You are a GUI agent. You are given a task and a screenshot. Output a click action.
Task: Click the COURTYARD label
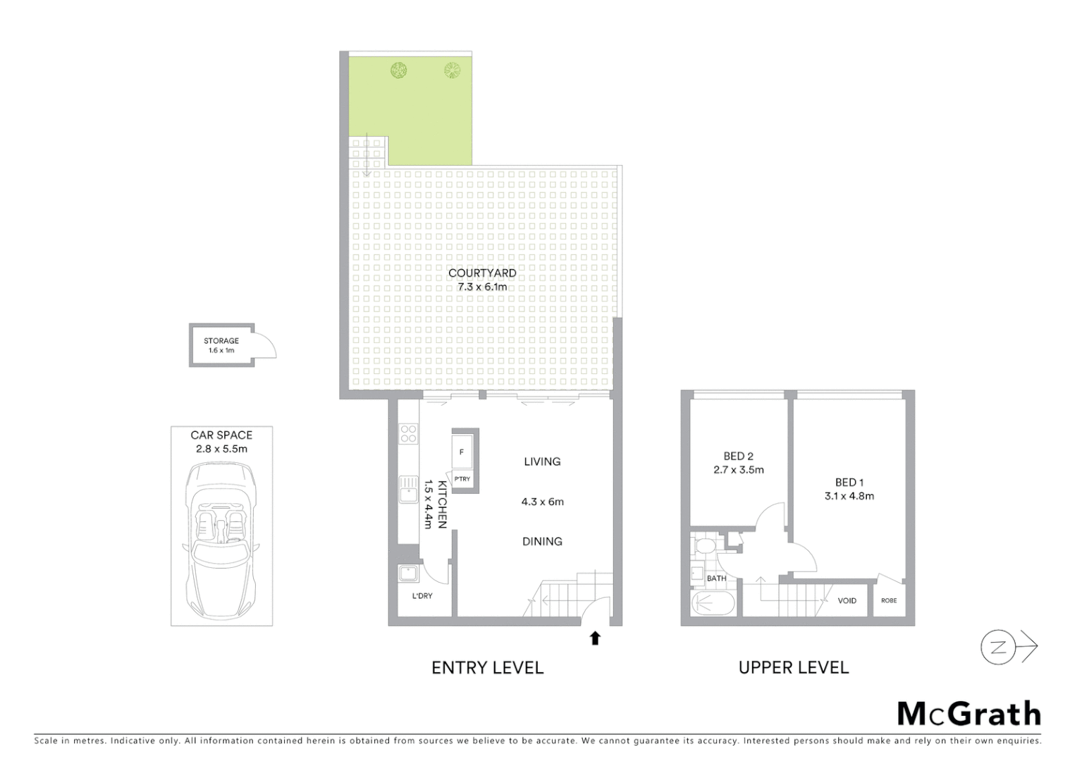(x=482, y=273)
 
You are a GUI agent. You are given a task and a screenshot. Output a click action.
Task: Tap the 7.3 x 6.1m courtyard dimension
(x=482, y=287)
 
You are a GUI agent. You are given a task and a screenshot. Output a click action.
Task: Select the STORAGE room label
(x=221, y=340)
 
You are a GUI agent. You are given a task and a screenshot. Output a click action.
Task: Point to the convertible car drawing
(x=221, y=539)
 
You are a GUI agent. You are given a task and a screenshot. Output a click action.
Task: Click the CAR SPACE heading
(x=221, y=435)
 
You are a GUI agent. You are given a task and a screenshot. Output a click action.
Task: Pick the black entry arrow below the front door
(x=595, y=638)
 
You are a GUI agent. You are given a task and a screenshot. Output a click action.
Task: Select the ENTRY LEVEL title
(x=487, y=667)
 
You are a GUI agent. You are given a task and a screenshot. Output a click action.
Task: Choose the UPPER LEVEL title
(x=794, y=667)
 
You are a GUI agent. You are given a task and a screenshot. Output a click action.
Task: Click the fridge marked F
(x=462, y=452)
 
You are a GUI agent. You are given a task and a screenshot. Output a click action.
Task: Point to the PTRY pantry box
(x=462, y=479)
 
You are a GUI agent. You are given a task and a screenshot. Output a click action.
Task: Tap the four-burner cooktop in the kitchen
(x=407, y=433)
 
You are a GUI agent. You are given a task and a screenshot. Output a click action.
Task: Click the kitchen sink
(x=407, y=489)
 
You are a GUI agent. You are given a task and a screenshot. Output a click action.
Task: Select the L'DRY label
(x=422, y=596)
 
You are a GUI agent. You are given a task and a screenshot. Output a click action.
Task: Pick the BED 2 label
(x=738, y=456)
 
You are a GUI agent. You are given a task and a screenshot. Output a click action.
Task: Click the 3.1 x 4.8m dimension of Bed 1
(x=849, y=496)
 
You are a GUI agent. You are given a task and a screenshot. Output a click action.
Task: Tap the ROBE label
(x=889, y=600)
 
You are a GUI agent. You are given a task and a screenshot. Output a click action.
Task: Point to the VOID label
(x=847, y=600)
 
